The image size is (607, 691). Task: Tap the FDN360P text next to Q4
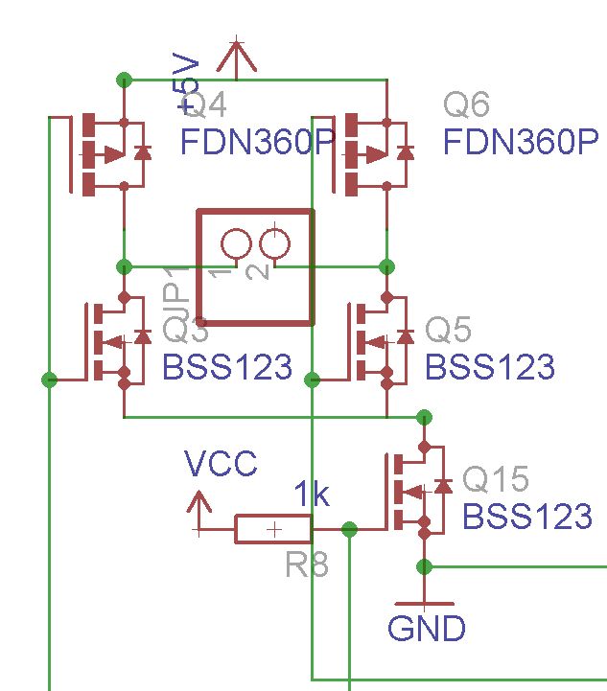coord(257,144)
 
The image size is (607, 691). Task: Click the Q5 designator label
coord(448,331)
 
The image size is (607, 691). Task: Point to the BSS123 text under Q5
coord(489,367)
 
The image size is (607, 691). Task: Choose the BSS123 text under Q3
coord(226,367)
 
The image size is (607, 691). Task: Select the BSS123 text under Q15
coord(527,517)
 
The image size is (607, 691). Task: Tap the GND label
coord(427,629)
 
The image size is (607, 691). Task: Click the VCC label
coord(221,465)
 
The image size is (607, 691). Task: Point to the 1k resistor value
coord(312,495)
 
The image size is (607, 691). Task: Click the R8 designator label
coord(307,565)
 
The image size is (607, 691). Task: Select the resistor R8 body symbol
coord(273,529)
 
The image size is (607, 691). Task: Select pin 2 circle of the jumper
coord(275,244)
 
